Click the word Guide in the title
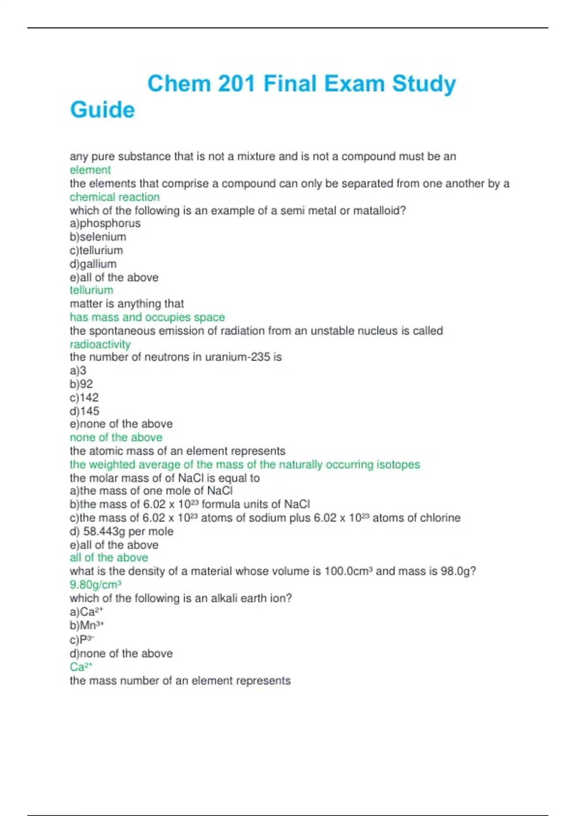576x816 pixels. pyautogui.click(x=102, y=110)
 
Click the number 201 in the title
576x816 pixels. pyautogui.click(x=236, y=84)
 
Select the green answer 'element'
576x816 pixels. pyautogui.click(x=90, y=170)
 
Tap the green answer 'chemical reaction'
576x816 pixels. pyautogui.click(x=115, y=197)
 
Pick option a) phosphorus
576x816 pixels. pyautogui.click(x=105, y=223)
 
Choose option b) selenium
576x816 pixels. pyautogui.click(x=98, y=237)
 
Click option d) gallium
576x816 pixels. pyautogui.click(x=93, y=264)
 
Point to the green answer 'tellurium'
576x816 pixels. pyautogui.click(x=92, y=290)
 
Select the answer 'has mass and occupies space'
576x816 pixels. pyautogui.click(x=147, y=317)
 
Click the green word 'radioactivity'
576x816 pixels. pyautogui.click(x=100, y=344)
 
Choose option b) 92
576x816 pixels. pyautogui.click(x=81, y=384)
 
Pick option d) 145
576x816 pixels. pyautogui.click(x=84, y=411)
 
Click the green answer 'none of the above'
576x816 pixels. pyautogui.click(x=116, y=437)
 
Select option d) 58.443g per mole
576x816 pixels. pyautogui.click(x=121, y=531)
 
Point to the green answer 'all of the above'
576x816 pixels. pyautogui.click(x=109, y=558)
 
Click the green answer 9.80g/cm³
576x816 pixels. pyautogui.click(x=96, y=585)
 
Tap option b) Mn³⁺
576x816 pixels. pyautogui.click(x=87, y=625)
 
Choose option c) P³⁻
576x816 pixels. pyautogui.click(x=82, y=639)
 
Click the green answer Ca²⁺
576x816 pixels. pyautogui.click(x=81, y=667)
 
